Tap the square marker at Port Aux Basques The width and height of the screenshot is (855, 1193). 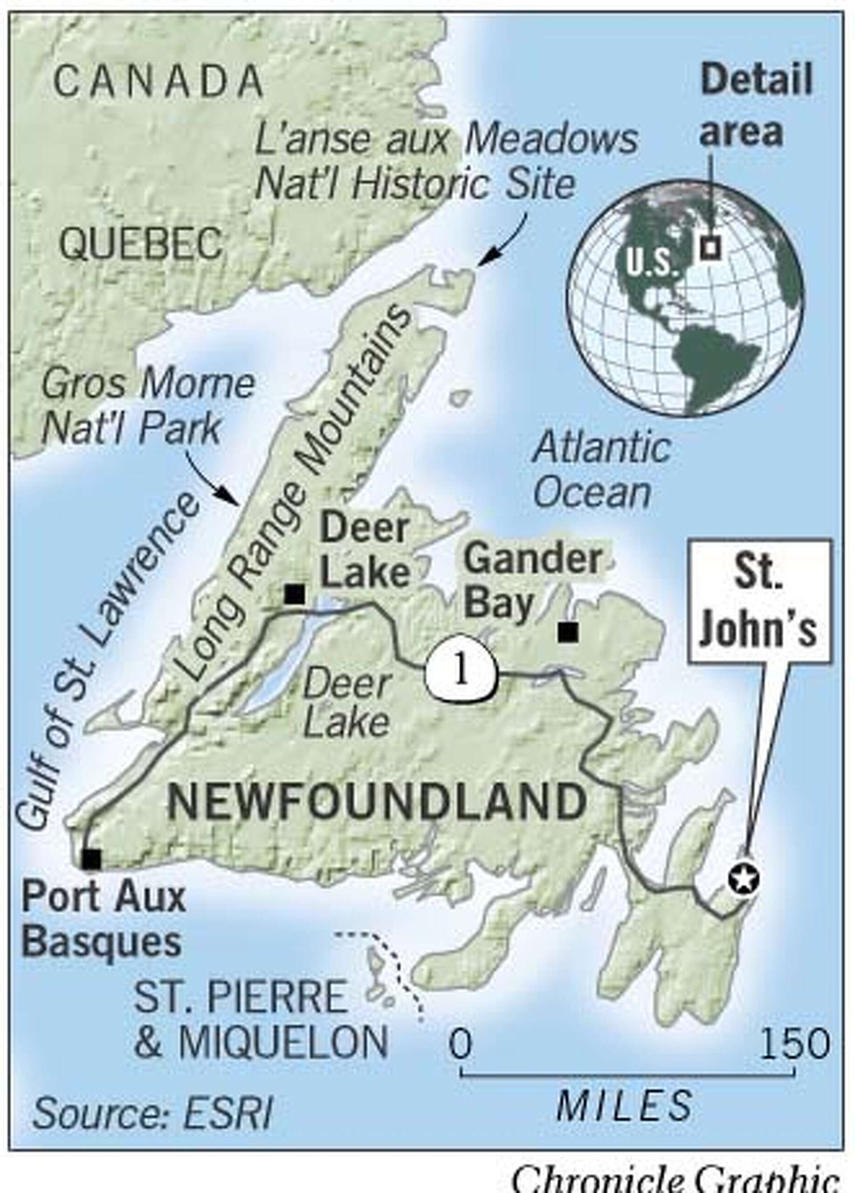tap(91, 858)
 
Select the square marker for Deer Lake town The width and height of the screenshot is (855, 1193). tap(295, 594)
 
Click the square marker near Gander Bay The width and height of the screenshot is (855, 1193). tap(568, 632)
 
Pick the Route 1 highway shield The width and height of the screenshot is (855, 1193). tap(461, 673)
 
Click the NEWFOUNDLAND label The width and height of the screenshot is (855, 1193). tap(376, 802)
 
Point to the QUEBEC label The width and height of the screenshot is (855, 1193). tap(141, 245)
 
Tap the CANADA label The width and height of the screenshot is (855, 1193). tap(158, 82)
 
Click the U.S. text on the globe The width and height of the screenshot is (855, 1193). tap(651, 261)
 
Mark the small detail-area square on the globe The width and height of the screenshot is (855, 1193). tap(710, 248)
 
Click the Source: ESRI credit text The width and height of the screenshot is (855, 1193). tap(152, 1111)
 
